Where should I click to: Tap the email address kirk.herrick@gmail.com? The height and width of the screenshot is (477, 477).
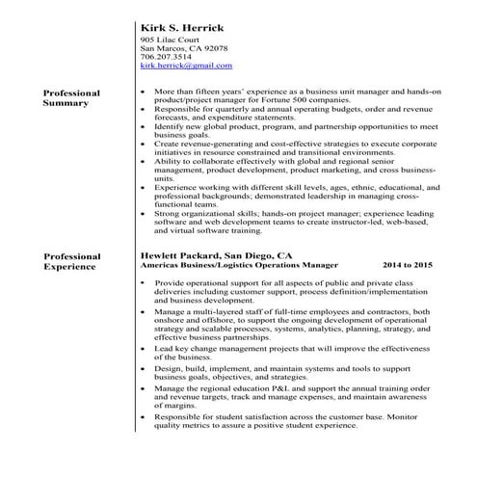(186, 66)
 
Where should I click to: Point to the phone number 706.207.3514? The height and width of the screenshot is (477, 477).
(166, 57)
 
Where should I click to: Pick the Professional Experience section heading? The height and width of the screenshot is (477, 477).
(71, 262)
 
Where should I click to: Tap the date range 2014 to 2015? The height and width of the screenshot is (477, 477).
(409, 264)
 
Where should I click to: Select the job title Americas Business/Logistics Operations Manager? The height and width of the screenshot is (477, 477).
(239, 264)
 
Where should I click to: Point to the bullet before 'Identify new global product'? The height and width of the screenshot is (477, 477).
(142, 125)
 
